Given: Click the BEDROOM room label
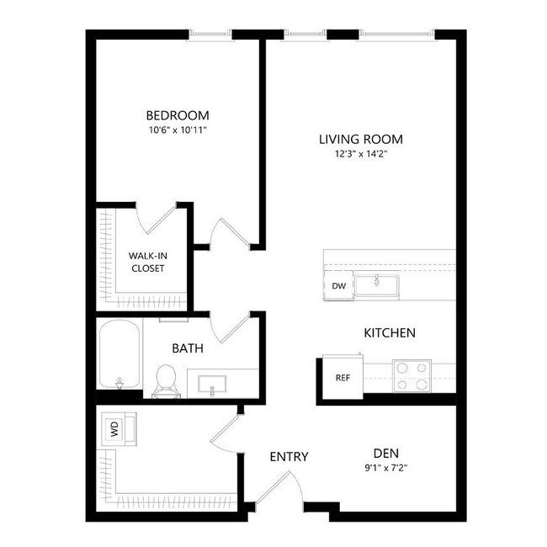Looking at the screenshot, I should point(177,115).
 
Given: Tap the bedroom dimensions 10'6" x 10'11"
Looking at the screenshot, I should point(177,130).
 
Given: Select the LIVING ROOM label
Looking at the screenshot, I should point(361,139).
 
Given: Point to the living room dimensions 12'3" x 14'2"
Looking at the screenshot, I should point(361,154).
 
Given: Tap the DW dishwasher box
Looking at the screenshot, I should point(339,286).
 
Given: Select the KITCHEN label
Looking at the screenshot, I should point(389,333).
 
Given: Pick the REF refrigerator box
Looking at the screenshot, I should point(343,378).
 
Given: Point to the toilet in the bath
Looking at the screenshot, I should point(165,380).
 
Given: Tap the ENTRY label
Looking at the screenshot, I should point(289,457).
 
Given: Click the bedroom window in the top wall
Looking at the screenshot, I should point(210,35).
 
